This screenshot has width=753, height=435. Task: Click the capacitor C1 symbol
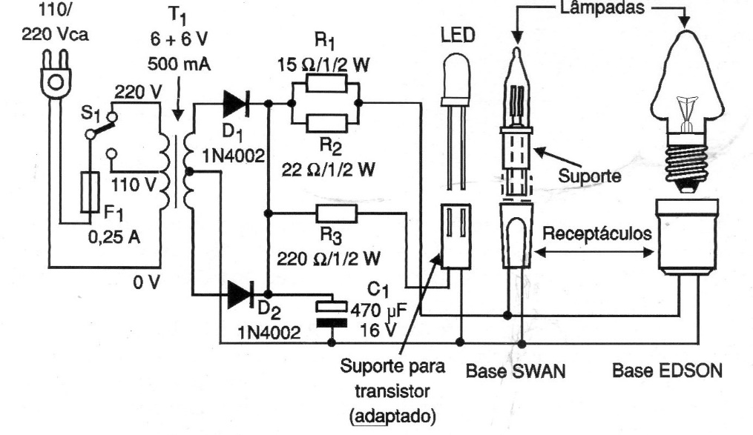(331, 314)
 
